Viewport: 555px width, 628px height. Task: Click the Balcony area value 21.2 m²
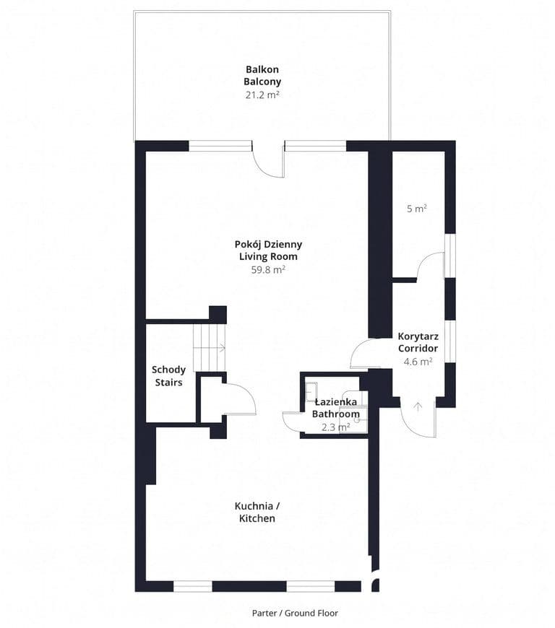pyautogui.click(x=262, y=95)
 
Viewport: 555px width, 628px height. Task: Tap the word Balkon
pyautogui.click(x=262, y=69)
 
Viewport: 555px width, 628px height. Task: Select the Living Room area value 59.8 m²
pyautogui.click(x=268, y=269)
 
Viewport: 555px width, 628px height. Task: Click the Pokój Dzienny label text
pyautogui.click(x=268, y=244)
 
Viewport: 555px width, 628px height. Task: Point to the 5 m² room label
pyautogui.click(x=417, y=209)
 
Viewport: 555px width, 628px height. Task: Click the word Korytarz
pyautogui.click(x=418, y=336)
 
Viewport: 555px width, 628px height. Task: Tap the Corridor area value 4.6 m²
pyautogui.click(x=418, y=361)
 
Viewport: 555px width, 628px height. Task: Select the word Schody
pyautogui.click(x=168, y=370)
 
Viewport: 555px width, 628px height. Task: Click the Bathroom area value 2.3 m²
pyautogui.click(x=335, y=427)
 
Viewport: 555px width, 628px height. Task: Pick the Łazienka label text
pyautogui.click(x=335, y=402)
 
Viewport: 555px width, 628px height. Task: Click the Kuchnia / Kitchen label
pyautogui.click(x=257, y=512)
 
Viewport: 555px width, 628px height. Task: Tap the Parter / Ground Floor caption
pyautogui.click(x=295, y=613)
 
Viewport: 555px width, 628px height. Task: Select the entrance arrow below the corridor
pyautogui.click(x=418, y=407)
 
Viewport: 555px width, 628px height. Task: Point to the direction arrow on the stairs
pyautogui.click(x=221, y=348)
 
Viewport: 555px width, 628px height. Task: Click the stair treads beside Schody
pyautogui.click(x=210, y=348)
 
